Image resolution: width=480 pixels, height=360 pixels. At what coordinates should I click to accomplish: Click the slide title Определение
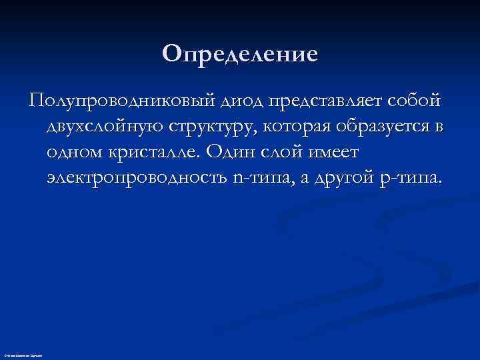click(240, 54)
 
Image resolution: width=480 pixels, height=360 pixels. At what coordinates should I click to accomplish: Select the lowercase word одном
click(74, 153)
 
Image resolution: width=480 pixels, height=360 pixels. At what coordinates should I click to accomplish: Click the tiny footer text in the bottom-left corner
click(23, 357)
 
